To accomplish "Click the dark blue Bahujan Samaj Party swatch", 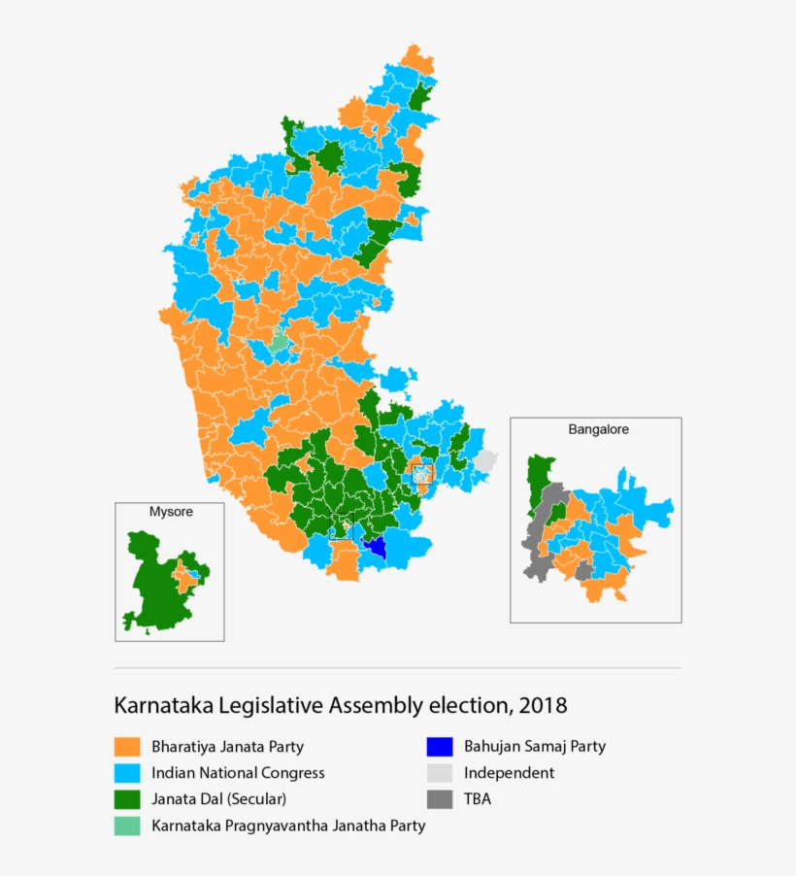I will [x=440, y=747].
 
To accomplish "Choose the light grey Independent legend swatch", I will [x=440, y=773].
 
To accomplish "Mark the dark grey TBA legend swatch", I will [x=440, y=799].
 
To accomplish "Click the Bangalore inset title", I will [x=595, y=429].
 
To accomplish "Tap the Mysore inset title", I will [x=170, y=512].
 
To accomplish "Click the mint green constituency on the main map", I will [x=279, y=341].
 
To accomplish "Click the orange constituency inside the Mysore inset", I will [x=182, y=580].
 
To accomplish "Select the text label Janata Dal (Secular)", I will [x=218, y=799].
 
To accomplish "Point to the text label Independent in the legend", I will [x=510, y=773].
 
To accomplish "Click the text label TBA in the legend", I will [x=480, y=799].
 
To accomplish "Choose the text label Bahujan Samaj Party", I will [x=535, y=747].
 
